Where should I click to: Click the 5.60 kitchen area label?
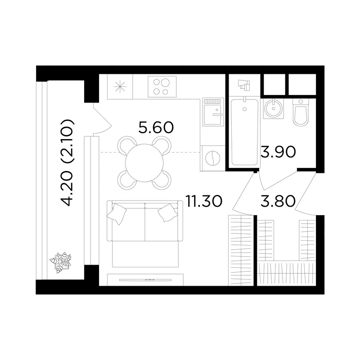(156, 127)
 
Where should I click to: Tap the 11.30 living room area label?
(204, 201)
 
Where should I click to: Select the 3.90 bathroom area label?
(278, 152)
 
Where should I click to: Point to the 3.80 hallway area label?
(278, 201)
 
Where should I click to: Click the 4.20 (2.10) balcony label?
(67, 162)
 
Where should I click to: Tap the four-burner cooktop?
(162, 86)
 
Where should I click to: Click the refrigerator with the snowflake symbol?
(120, 87)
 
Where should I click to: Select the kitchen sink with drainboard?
(213, 112)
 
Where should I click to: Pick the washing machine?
(212, 158)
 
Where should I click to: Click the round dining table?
(144, 163)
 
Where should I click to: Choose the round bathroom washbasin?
(273, 108)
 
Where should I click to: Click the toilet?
(301, 112)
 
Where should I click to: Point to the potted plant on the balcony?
(60, 262)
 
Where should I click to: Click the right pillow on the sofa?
(167, 213)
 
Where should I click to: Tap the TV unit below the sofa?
(145, 279)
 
